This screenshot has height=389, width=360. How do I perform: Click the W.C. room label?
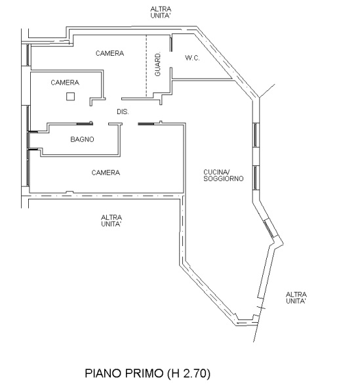pyautogui.click(x=192, y=58)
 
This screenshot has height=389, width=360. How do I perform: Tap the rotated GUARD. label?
pyautogui.click(x=157, y=64)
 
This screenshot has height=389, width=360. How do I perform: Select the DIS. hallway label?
pyautogui.click(x=123, y=112)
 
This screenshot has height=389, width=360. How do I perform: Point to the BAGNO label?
pyautogui.click(x=83, y=140)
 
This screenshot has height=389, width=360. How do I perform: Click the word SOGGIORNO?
pyautogui.click(x=224, y=178)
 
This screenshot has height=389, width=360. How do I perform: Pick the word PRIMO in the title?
pyautogui.click(x=144, y=373)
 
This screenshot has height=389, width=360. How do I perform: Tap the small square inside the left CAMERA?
pyautogui.click(x=71, y=96)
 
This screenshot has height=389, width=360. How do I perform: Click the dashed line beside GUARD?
pyautogui.click(x=146, y=66)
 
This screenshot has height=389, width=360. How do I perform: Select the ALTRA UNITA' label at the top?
pyautogui.click(x=161, y=12)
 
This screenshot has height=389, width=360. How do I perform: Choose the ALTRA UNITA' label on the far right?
pyautogui.click(x=296, y=298)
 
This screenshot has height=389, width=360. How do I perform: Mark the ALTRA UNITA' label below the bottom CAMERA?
pyautogui.click(x=111, y=221)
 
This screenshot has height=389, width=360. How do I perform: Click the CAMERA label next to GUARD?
pyautogui.click(x=110, y=53)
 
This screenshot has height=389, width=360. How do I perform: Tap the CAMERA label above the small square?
pyautogui.click(x=65, y=83)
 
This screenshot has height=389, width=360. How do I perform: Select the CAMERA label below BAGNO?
pyautogui.click(x=106, y=173)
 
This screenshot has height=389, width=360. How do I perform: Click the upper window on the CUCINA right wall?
pyautogui.click(x=256, y=135)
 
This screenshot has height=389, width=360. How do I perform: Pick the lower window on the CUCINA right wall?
pyautogui.click(x=256, y=178)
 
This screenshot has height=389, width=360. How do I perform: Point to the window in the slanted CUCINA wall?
pyautogui.click(x=269, y=229)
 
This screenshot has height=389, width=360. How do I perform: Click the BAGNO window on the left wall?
pyautogui.click(x=29, y=140)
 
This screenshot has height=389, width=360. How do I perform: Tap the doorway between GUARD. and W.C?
pyautogui.click(x=171, y=60)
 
